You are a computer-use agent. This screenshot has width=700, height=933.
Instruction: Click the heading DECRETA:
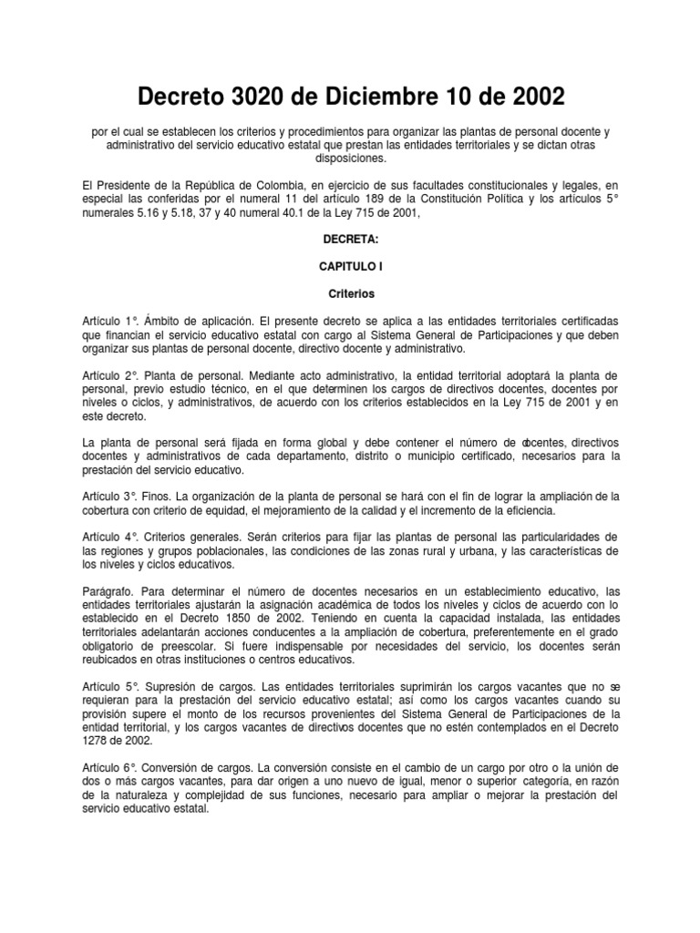click(x=350, y=238)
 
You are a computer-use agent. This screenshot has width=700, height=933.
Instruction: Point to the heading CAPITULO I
click(x=350, y=268)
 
